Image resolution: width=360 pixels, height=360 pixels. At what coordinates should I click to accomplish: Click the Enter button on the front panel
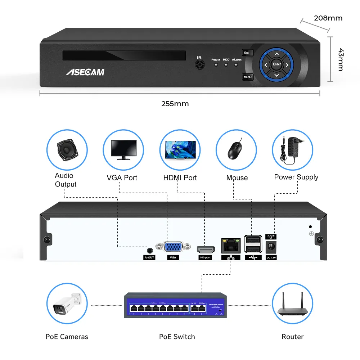coord(276,64)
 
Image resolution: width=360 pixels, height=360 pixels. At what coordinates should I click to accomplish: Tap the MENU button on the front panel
coord(248,77)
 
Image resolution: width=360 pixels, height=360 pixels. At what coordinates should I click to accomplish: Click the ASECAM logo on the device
coord(85,72)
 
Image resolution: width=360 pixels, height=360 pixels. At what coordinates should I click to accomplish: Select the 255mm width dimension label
coord(175,104)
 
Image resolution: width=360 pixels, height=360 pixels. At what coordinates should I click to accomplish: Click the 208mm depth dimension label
coord(328,18)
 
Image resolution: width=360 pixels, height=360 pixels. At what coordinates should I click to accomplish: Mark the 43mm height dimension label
coord(340,59)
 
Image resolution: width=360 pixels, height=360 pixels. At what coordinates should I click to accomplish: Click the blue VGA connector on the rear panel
coord(173,247)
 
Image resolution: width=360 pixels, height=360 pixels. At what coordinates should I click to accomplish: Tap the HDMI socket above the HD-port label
coord(206,249)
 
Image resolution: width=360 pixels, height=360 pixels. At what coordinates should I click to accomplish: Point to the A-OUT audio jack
coord(149,249)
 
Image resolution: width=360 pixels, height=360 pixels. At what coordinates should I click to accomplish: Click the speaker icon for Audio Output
coord(67,149)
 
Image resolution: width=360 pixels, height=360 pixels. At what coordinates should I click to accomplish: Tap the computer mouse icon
coord(236,150)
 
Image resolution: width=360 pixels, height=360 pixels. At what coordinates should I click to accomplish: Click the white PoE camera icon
coord(67,303)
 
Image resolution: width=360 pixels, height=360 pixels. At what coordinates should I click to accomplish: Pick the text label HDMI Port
coord(180,177)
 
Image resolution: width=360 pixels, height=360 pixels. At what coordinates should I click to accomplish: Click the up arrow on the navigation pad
coord(276,54)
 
